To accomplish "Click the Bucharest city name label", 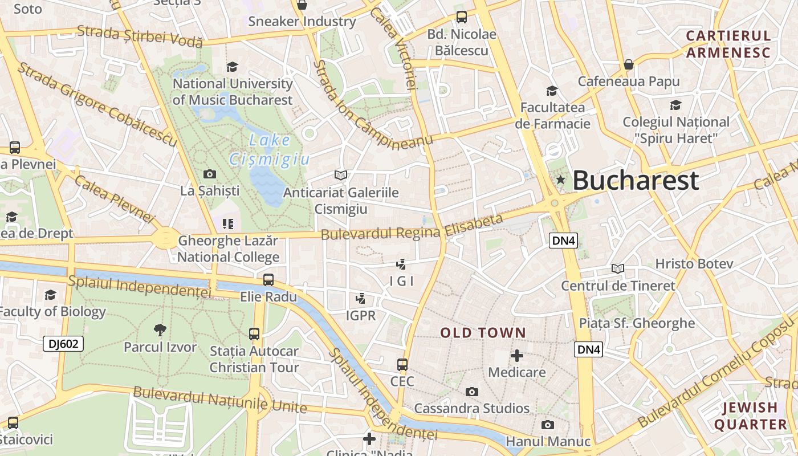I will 636,180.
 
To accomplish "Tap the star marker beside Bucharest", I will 561,180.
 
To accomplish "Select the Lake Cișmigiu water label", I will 270,150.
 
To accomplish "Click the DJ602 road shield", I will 63,343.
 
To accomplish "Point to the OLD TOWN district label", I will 483,333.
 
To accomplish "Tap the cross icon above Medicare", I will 517,356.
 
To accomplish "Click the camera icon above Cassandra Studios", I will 471,392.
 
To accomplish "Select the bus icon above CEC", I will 402,364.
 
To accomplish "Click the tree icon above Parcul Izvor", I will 160,329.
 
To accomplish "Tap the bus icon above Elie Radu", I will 268,279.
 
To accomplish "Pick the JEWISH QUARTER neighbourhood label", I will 750,416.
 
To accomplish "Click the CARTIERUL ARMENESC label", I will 728,44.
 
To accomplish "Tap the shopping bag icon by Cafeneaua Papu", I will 628,64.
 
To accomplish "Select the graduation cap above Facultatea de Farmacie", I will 552,91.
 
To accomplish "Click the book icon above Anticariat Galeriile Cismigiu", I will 341,175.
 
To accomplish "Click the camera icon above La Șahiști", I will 209,174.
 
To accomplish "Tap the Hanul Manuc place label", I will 548,442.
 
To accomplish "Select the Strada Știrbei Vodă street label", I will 140,35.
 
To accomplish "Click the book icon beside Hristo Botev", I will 617,268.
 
